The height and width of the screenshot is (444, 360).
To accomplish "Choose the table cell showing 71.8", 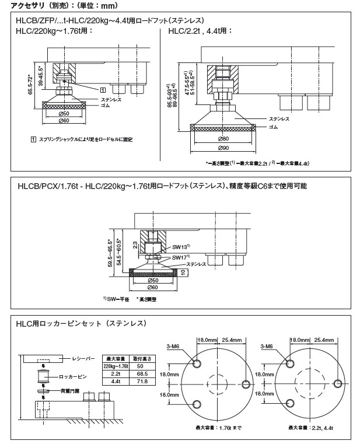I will click(x=140, y=382).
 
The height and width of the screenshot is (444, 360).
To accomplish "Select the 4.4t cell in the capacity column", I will click(x=114, y=382).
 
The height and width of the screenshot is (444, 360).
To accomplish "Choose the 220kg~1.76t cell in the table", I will click(x=114, y=366).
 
